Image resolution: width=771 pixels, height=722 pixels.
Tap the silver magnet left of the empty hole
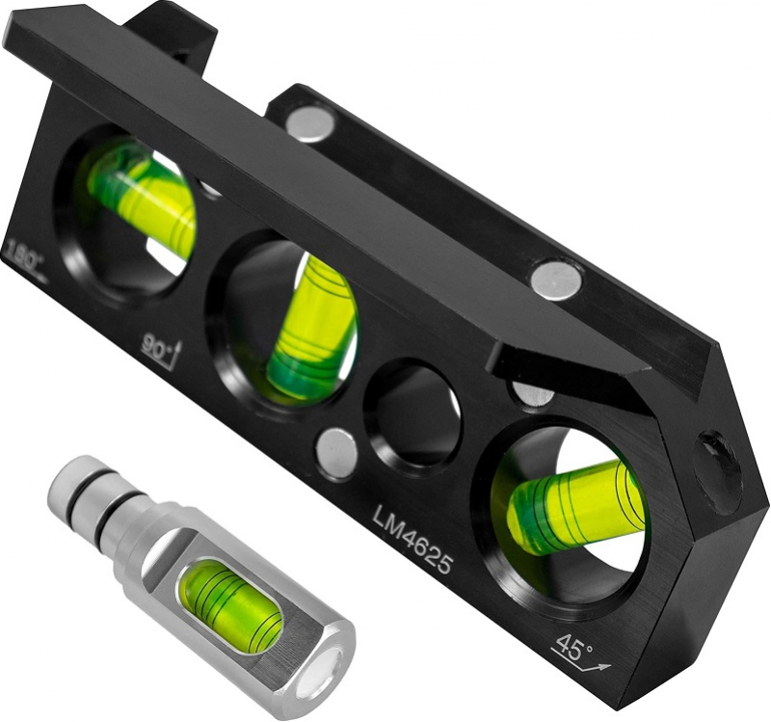point(337,453)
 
